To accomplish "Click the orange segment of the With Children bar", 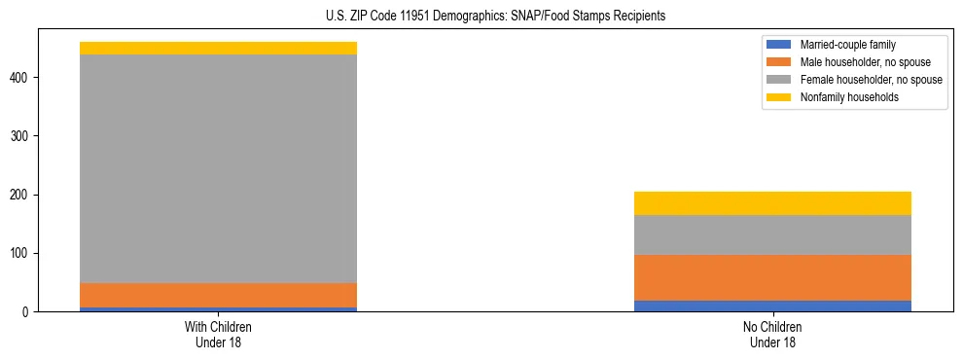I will (x=218, y=295).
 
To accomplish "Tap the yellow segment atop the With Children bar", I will (x=218, y=48).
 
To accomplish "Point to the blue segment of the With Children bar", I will (x=218, y=309).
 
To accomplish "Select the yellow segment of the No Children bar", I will (x=772, y=203).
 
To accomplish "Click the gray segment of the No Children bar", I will (x=772, y=234).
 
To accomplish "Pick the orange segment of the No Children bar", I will (x=772, y=277).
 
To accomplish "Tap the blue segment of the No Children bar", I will (x=772, y=306).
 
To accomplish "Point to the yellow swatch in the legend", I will (x=779, y=97).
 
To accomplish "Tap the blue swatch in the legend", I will (x=779, y=45).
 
